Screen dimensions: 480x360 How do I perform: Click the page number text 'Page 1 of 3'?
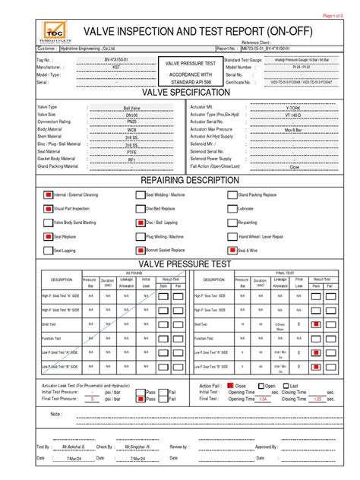(334, 15)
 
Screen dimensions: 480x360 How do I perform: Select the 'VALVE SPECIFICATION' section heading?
(180, 93)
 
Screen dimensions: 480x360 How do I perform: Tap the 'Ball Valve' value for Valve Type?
(131, 109)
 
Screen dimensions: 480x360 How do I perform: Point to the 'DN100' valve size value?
(131, 115)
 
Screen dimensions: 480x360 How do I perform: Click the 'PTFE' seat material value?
(131, 152)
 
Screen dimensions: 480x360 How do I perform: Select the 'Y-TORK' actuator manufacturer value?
(292, 109)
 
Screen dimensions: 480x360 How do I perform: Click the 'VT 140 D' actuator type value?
(292, 115)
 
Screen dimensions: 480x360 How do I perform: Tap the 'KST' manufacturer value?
(115, 66)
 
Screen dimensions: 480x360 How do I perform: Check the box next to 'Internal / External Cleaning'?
(48, 194)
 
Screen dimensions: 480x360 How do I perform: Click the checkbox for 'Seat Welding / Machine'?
(141, 194)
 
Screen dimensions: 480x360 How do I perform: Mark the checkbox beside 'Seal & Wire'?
(232, 249)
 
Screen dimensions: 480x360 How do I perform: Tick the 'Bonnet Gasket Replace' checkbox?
(141, 249)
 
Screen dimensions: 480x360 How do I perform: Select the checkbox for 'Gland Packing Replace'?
(232, 194)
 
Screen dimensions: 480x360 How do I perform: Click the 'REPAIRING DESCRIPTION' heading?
(180, 181)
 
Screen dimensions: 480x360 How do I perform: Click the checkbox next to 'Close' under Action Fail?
(230, 386)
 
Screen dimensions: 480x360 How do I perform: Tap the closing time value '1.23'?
(318, 399)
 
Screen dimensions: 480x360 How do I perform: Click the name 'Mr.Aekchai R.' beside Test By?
(74, 447)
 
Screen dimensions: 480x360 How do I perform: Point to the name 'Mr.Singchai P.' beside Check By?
(133, 447)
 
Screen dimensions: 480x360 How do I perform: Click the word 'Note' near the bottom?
(56, 414)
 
